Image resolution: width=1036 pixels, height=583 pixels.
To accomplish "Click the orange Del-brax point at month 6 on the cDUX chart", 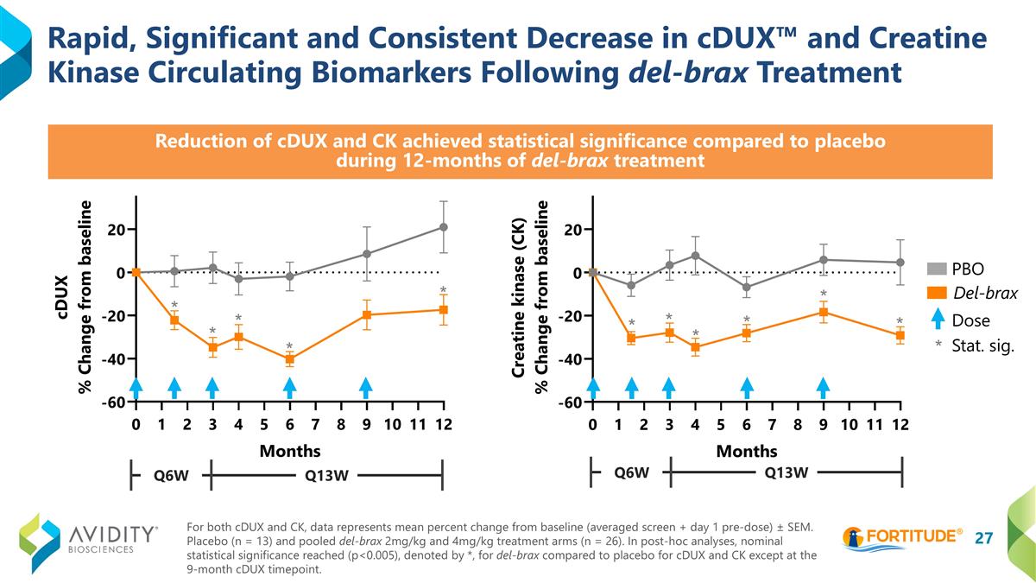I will [290, 359].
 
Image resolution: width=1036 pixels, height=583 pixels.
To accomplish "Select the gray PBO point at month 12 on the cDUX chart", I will [443, 227].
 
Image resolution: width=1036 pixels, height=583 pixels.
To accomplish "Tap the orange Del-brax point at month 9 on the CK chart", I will [824, 312].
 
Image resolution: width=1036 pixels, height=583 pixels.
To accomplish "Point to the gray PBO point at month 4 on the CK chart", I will [695, 256].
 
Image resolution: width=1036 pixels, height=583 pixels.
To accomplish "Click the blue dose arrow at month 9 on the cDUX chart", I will [366, 389].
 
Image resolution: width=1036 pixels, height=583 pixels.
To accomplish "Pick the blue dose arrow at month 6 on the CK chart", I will [747, 389].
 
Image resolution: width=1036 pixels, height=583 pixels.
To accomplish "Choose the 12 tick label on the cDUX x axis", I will [443, 424].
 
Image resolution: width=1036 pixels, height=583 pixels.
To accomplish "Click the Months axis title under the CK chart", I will [747, 451].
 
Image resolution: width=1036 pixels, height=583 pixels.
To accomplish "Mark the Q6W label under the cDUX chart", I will [171, 474].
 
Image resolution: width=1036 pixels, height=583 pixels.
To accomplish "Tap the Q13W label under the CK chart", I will [787, 472].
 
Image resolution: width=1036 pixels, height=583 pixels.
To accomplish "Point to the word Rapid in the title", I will [91, 38].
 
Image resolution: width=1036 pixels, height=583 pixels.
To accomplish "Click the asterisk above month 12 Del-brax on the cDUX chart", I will [443, 290].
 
